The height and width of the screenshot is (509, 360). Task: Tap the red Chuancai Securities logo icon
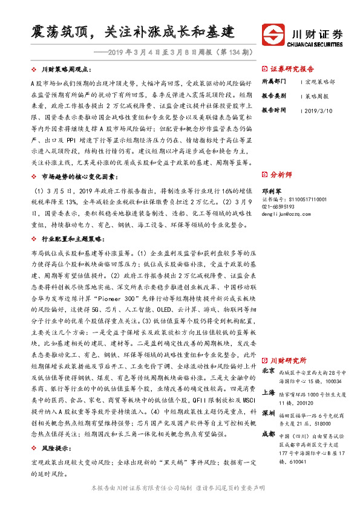click(x=272, y=34)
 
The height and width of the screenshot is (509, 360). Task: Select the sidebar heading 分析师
click(x=280, y=174)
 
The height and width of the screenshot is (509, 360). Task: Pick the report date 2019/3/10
click(x=320, y=111)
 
